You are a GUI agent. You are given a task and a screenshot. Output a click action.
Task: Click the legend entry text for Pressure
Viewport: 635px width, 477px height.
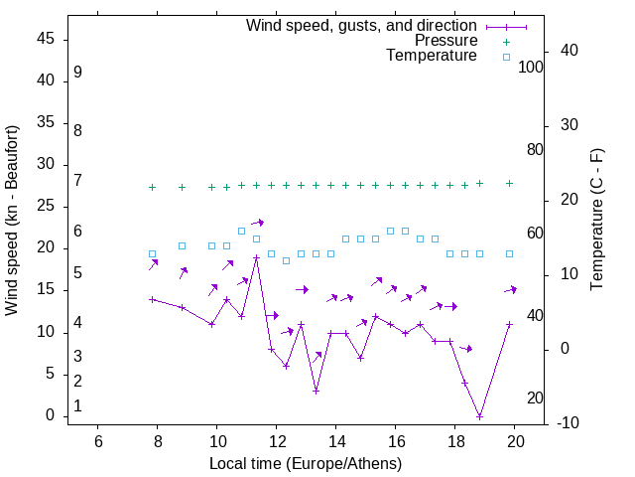445,41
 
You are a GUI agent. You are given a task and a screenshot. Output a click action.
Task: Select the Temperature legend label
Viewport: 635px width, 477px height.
432,56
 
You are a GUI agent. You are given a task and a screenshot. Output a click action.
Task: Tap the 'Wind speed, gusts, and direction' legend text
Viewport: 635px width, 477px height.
362,25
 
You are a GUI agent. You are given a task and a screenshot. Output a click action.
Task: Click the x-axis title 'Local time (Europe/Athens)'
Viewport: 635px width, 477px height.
306,464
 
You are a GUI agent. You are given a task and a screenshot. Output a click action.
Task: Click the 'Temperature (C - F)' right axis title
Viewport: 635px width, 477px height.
596,221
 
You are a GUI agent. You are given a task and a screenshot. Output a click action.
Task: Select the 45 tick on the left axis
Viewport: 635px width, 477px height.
47,40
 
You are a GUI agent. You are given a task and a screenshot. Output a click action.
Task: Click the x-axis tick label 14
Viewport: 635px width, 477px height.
335,441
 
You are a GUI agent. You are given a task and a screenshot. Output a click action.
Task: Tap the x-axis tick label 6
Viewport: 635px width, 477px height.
97,441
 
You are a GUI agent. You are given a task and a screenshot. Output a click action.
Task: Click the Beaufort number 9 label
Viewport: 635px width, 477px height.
77,73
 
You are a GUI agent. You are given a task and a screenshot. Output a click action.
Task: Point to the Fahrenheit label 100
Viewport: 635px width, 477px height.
531,68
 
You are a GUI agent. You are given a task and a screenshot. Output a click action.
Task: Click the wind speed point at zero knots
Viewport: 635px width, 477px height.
479,416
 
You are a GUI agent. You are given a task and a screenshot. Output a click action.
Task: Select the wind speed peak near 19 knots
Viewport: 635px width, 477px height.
256,257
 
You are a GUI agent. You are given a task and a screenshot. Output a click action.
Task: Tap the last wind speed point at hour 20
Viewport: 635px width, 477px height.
509,325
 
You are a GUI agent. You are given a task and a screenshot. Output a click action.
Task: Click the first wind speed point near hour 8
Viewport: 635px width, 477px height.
152,299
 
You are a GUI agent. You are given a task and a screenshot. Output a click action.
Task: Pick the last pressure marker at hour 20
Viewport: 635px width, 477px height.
509,183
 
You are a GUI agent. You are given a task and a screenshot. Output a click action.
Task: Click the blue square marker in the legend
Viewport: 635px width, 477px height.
506,57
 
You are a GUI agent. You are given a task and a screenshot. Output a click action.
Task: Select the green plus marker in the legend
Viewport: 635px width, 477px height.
506,42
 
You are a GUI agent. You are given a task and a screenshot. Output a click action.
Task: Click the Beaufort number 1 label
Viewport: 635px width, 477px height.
77,406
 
